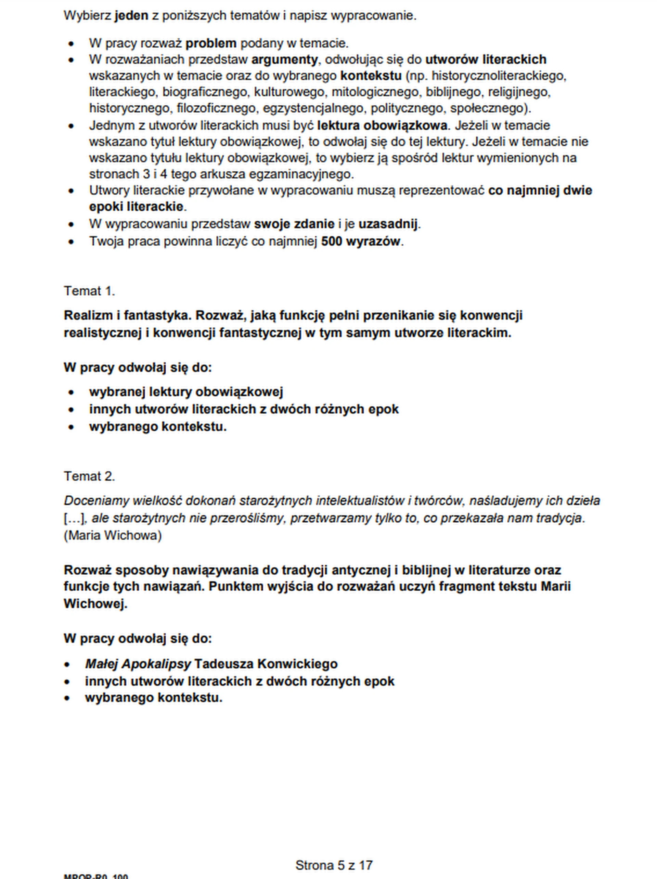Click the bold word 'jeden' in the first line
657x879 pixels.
(x=131, y=16)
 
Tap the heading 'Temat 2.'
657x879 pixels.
(x=89, y=476)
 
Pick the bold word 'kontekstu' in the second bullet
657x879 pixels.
(x=371, y=76)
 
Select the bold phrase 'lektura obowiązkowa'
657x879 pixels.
(x=382, y=126)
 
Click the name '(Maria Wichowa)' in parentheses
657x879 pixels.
(x=113, y=535)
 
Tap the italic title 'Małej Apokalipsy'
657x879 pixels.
(x=138, y=664)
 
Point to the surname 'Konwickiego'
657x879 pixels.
(x=298, y=664)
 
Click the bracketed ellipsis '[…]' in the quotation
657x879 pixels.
(x=76, y=518)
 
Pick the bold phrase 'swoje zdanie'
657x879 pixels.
(x=294, y=224)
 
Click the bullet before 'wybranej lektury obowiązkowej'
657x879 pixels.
(x=71, y=393)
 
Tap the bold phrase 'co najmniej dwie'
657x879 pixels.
(x=540, y=191)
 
